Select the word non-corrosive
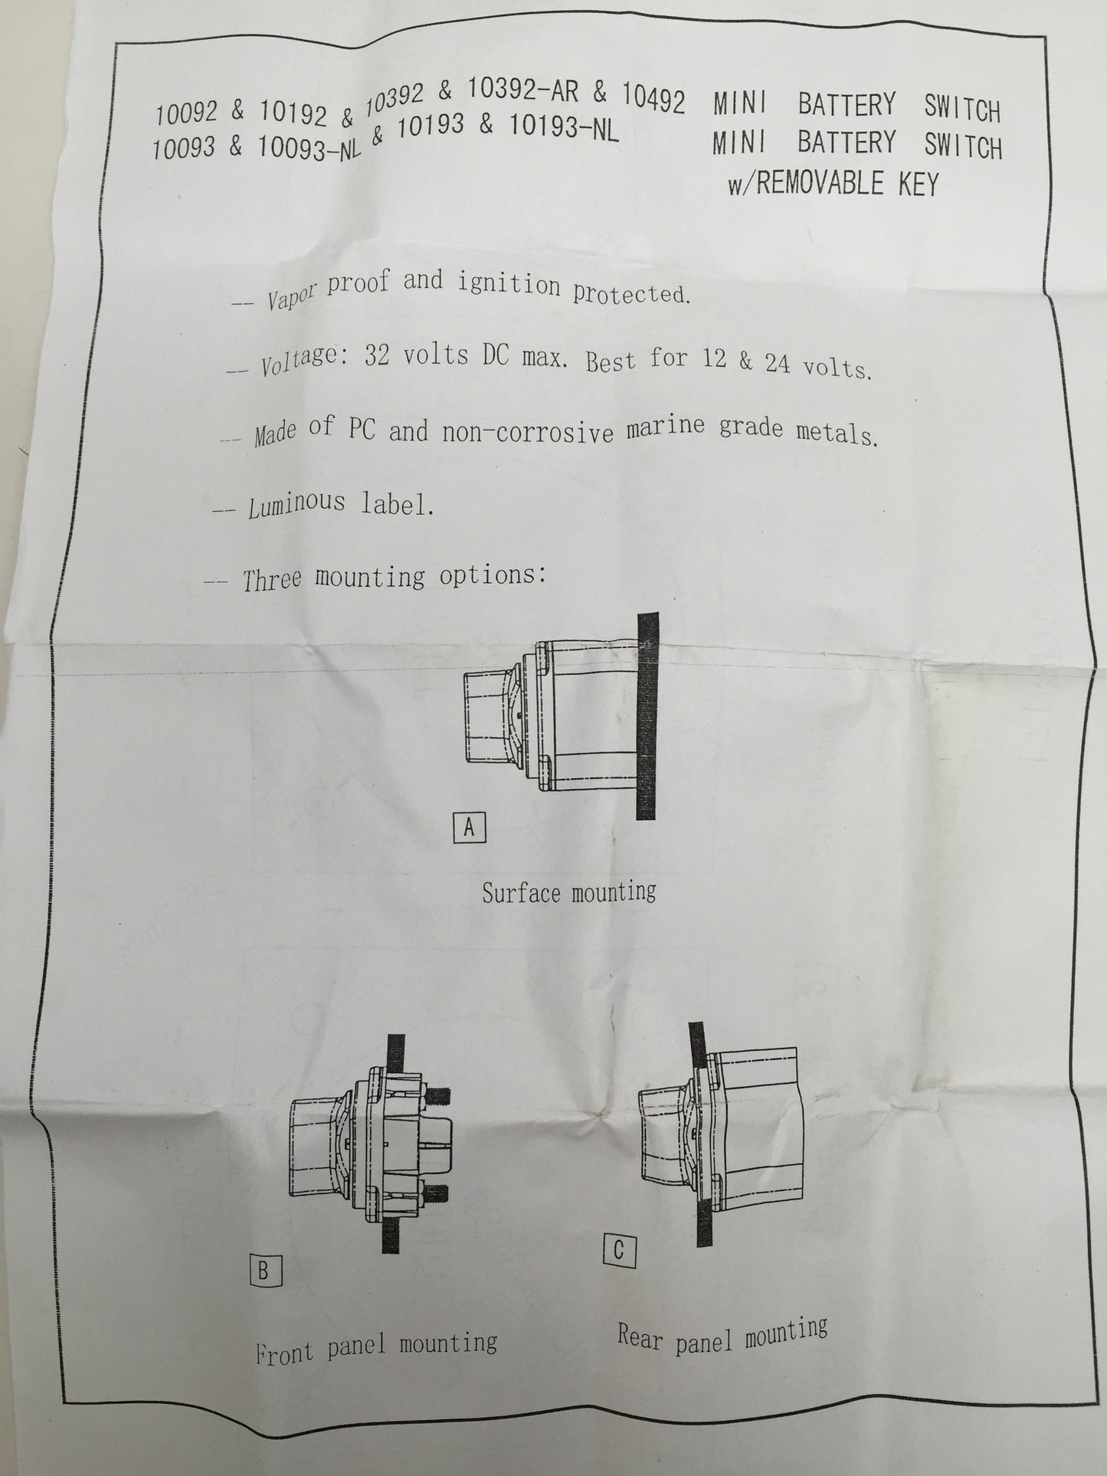click(528, 432)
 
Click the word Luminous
click(297, 505)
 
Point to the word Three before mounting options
click(273, 578)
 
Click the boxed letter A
click(470, 828)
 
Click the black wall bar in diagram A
click(647, 715)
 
